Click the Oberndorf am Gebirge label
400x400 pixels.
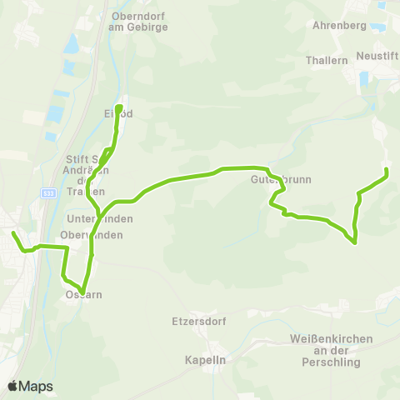[x=139, y=21]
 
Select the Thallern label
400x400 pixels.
[x=327, y=61]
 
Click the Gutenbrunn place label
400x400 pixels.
[x=274, y=179]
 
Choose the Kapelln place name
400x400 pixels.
[x=202, y=360]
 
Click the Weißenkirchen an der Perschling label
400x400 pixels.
[x=332, y=351]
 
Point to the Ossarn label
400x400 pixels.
[x=80, y=295]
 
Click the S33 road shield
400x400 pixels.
[x=50, y=192]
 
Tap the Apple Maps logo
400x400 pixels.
[x=30, y=386]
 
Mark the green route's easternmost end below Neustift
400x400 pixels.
[x=387, y=171]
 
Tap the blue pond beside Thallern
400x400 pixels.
[x=363, y=81]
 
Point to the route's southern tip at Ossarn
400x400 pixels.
[x=83, y=290]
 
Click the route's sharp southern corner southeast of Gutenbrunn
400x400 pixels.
[x=356, y=243]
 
